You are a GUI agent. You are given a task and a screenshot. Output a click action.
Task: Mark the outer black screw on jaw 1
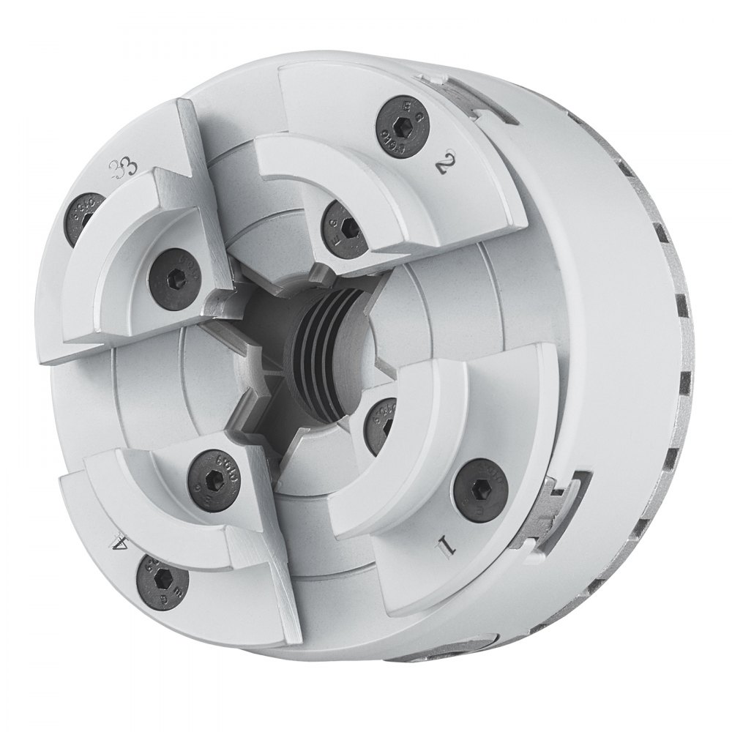point(478,485)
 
